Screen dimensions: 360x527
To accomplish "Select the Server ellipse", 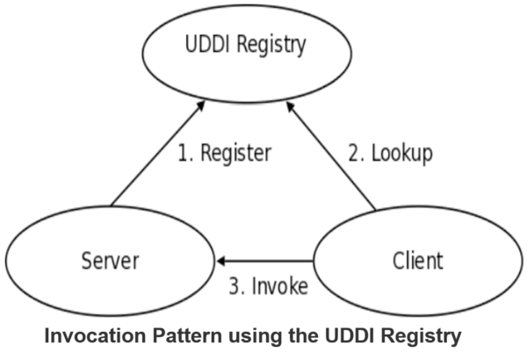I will [x=110, y=261].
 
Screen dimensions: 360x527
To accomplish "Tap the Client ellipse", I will [x=416, y=261].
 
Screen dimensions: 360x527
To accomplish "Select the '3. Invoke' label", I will [x=268, y=286].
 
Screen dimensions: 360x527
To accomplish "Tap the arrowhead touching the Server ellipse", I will [x=224, y=261].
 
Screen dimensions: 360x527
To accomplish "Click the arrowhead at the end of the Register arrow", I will [x=203, y=104].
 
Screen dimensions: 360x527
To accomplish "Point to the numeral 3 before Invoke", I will [x=234, y=286].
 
